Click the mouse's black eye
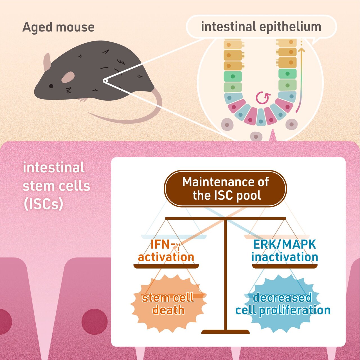[51, 86]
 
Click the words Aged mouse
[58, 27]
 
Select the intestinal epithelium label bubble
[261, 27]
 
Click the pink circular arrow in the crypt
[263, 98]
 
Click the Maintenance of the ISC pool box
[225, 189]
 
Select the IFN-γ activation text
[166, 251]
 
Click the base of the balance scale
[226, 332]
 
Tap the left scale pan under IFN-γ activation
[166, 266]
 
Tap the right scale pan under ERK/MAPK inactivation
[285, 266]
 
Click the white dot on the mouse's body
[105, 81]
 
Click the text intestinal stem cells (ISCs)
[56, 186]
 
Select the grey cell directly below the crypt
[256, 137]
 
